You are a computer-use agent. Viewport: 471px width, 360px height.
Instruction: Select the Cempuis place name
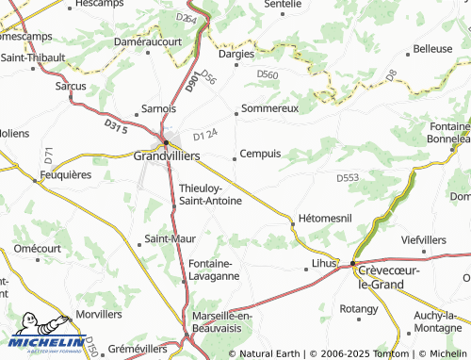click(260, 154)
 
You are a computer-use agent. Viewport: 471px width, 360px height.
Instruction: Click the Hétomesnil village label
click(324, 218)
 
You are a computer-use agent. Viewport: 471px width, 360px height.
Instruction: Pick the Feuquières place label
click(65, 174)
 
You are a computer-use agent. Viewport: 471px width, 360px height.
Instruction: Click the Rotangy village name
click(357, 308)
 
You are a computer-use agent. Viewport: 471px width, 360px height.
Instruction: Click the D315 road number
click(115, 125)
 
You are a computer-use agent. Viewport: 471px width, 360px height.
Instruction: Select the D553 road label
click(349, 177)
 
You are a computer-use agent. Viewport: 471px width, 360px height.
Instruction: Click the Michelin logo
click(43, 339)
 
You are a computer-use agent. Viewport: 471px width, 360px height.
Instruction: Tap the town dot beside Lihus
click(308, 269)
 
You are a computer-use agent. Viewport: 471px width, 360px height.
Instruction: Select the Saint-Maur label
click(170, 238)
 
